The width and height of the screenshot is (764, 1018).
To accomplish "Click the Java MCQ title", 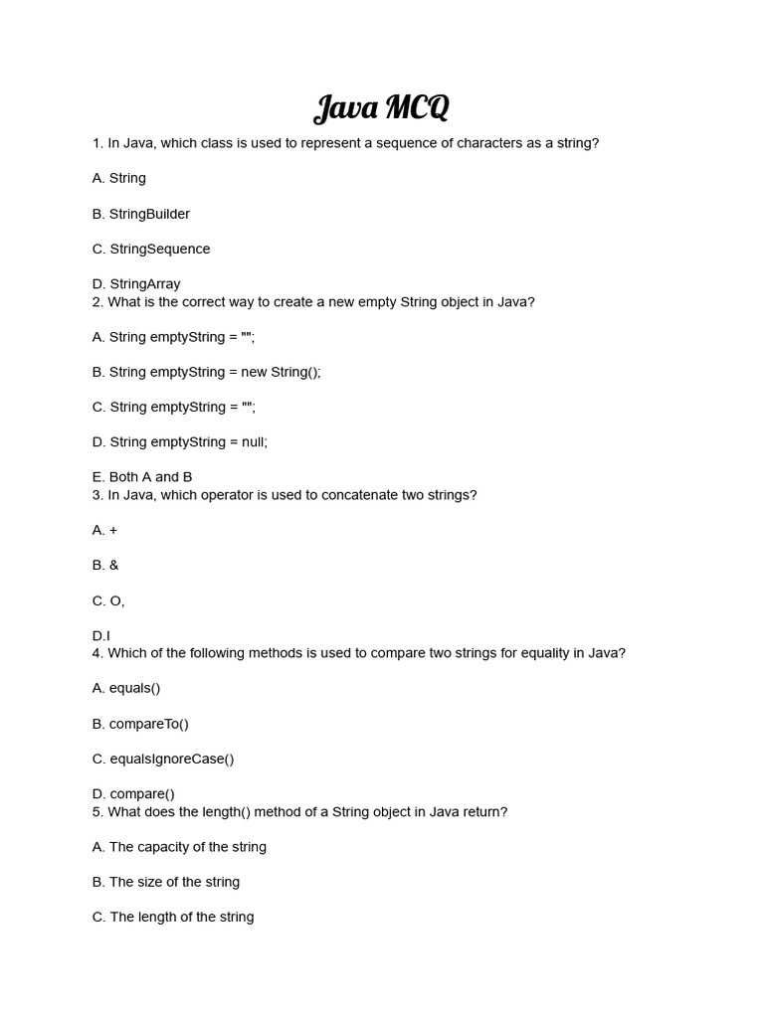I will pyautogui.click(x=381, y=107).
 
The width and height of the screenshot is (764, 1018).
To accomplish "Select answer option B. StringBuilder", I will pyautogui.click(x=140, y=214).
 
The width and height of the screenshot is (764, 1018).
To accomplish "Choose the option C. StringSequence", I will pyautogui.click(x=151, y=249).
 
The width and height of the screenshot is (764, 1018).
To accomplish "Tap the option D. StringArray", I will pyautogui.click(x=136, y=283).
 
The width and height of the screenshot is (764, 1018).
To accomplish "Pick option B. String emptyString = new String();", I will pyautogui.click(x=206, y=372).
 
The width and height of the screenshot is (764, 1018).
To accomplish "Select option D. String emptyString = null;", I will pyautogui.click(x=179, y=441).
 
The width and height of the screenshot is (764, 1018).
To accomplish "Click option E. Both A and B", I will pyautogui.click(x=142, y=477).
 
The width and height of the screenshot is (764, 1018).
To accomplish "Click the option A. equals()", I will pyautogui.click(x=126, y=688).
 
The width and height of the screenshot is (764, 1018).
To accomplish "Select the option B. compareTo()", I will pyautogui.click(x=140, y=724).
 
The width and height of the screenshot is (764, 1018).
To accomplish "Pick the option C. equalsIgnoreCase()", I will pyautogui.click(x=163, y=759).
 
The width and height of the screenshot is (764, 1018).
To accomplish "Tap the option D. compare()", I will pyautogui.click(x=133, y=793).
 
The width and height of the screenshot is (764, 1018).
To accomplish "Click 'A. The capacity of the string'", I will pyautogui.click(x=179, y=847).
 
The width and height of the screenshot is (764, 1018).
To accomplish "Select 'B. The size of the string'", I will pyautogui.click(x=166, y=882).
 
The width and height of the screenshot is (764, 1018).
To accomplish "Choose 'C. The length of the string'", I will pyautogui.click(x=173, y=917).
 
